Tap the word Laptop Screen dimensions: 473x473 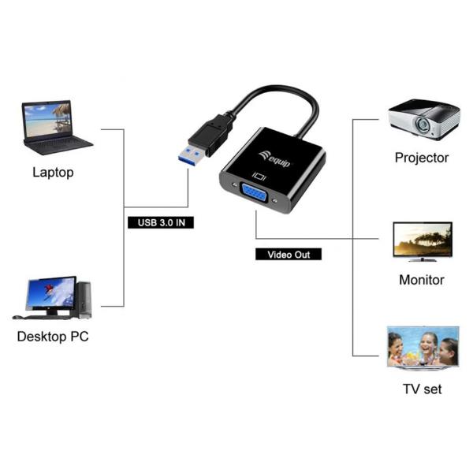(53, 172)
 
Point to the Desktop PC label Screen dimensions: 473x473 (53, 337)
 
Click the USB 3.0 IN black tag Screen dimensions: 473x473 (160, 222)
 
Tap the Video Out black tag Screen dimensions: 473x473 (289, 255)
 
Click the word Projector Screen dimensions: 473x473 (422, 158)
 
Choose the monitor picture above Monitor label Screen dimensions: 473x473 (423, 240)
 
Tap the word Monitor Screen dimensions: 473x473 (422, 280)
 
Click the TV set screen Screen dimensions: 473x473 (423, 347)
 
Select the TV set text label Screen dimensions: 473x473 (422, 389)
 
